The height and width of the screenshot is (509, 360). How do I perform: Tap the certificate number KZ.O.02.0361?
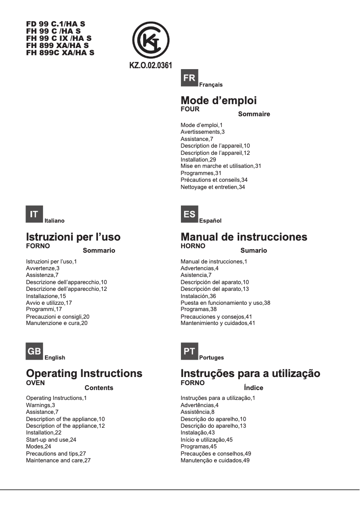[x=151, y=66]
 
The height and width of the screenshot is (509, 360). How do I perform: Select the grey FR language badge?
[x=189, y=79]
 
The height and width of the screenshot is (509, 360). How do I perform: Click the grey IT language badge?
[x=34, y=215]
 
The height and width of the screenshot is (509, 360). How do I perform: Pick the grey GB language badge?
[x=34, y=351]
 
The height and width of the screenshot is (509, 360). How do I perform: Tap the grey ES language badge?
[x=189, y=215]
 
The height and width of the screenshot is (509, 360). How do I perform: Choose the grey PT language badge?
[x=189, y=351]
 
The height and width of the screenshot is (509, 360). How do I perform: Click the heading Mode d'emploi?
[x=218, y=101]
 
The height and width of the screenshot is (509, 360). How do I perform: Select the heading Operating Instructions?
[x=84, y=373]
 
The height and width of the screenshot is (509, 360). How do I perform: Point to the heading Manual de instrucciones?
[x=244, y=237]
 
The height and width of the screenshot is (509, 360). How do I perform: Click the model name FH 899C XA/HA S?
[x=60, y=52]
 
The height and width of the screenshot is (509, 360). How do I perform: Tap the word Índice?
[x=253, y=388]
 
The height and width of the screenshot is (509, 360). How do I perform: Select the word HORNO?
[x=193, y=246]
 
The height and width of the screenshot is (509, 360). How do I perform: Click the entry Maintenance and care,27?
[x=58, y=460]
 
